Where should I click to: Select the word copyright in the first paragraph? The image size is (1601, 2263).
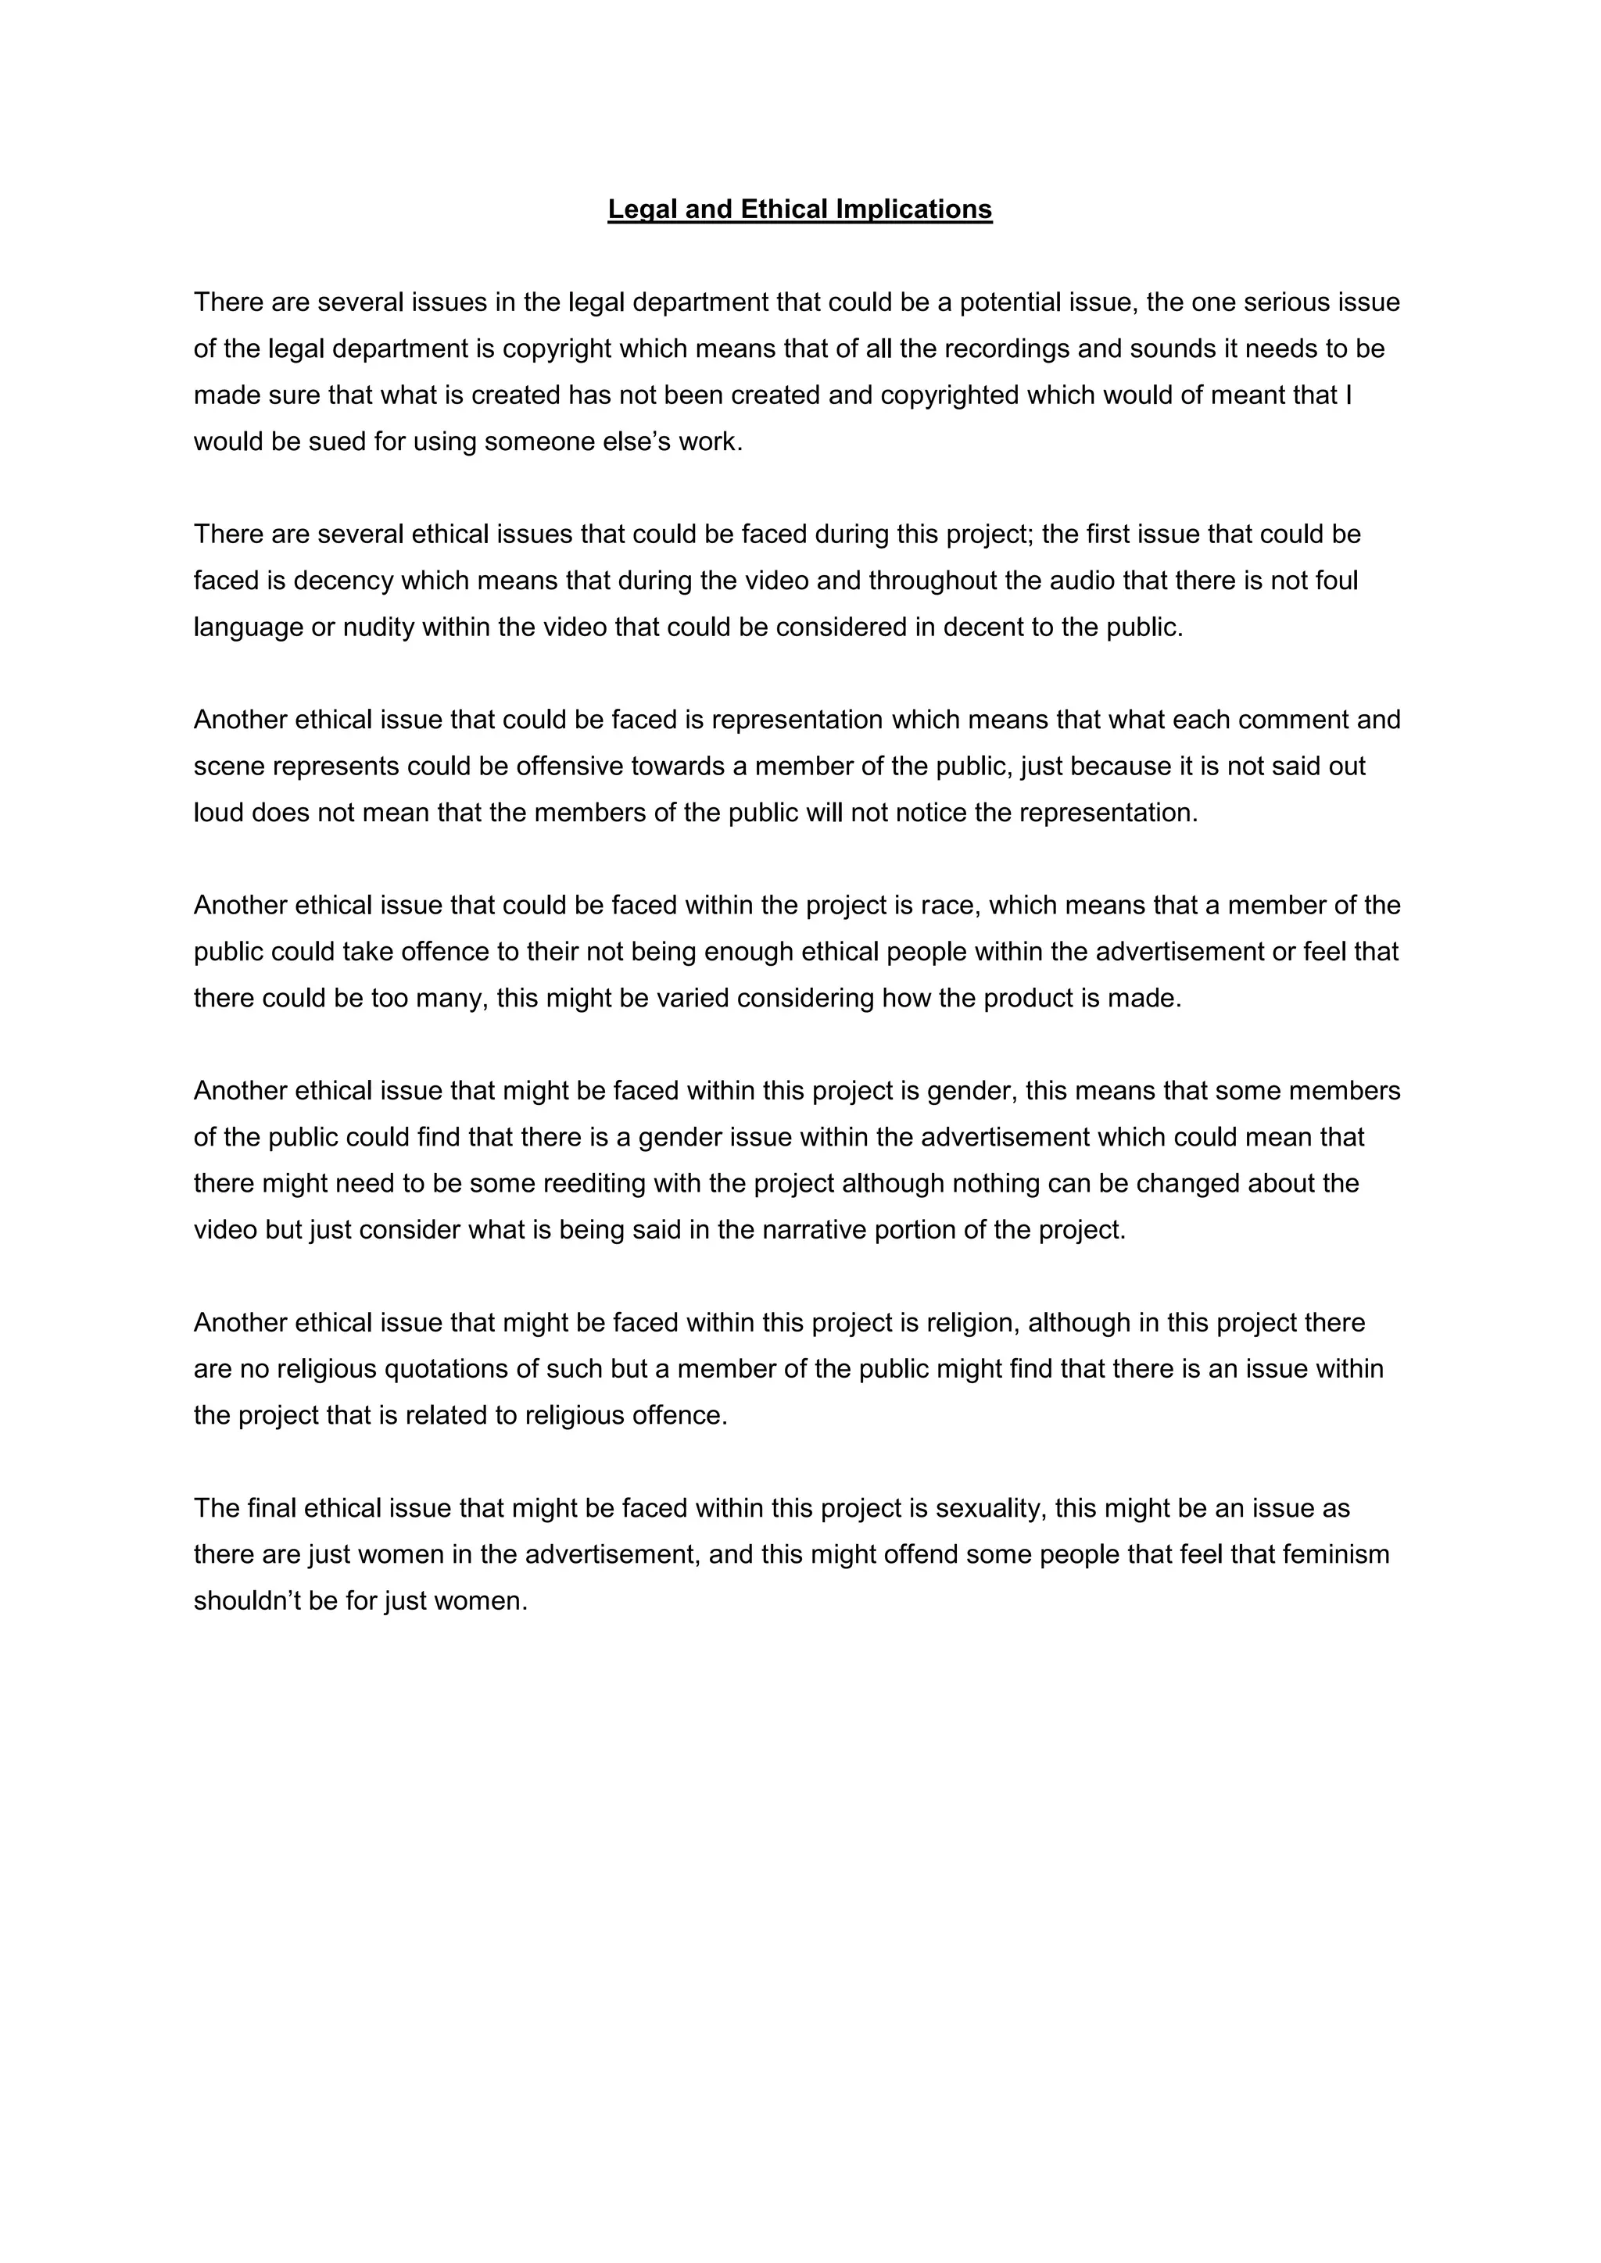(556, 349)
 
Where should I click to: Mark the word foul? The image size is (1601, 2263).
(1338, 581)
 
